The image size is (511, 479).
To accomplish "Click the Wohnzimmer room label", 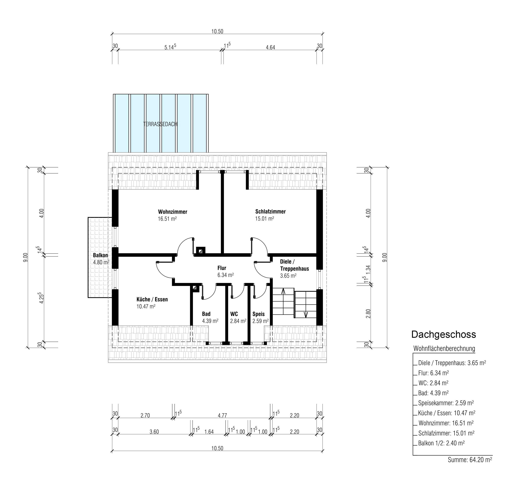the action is (x=172, y=212).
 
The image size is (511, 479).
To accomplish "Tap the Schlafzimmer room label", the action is (x=270, y=212).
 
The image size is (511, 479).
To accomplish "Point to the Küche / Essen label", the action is (x=152, y=299).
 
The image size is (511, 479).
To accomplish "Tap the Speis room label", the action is (x=259, y=314).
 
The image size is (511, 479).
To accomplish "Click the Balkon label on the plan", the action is (x=100, y=255).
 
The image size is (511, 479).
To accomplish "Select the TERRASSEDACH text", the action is (x=160, y=124).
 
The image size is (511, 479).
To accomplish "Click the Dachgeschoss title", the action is (x=444, y=335).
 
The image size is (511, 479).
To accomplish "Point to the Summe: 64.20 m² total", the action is (x=470, y=460).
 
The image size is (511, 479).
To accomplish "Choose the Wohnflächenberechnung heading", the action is (x=444, y=349).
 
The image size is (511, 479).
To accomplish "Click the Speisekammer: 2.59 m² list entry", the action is (x=446, y=403).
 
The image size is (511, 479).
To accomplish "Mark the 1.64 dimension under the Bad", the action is (x=209, y=432).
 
